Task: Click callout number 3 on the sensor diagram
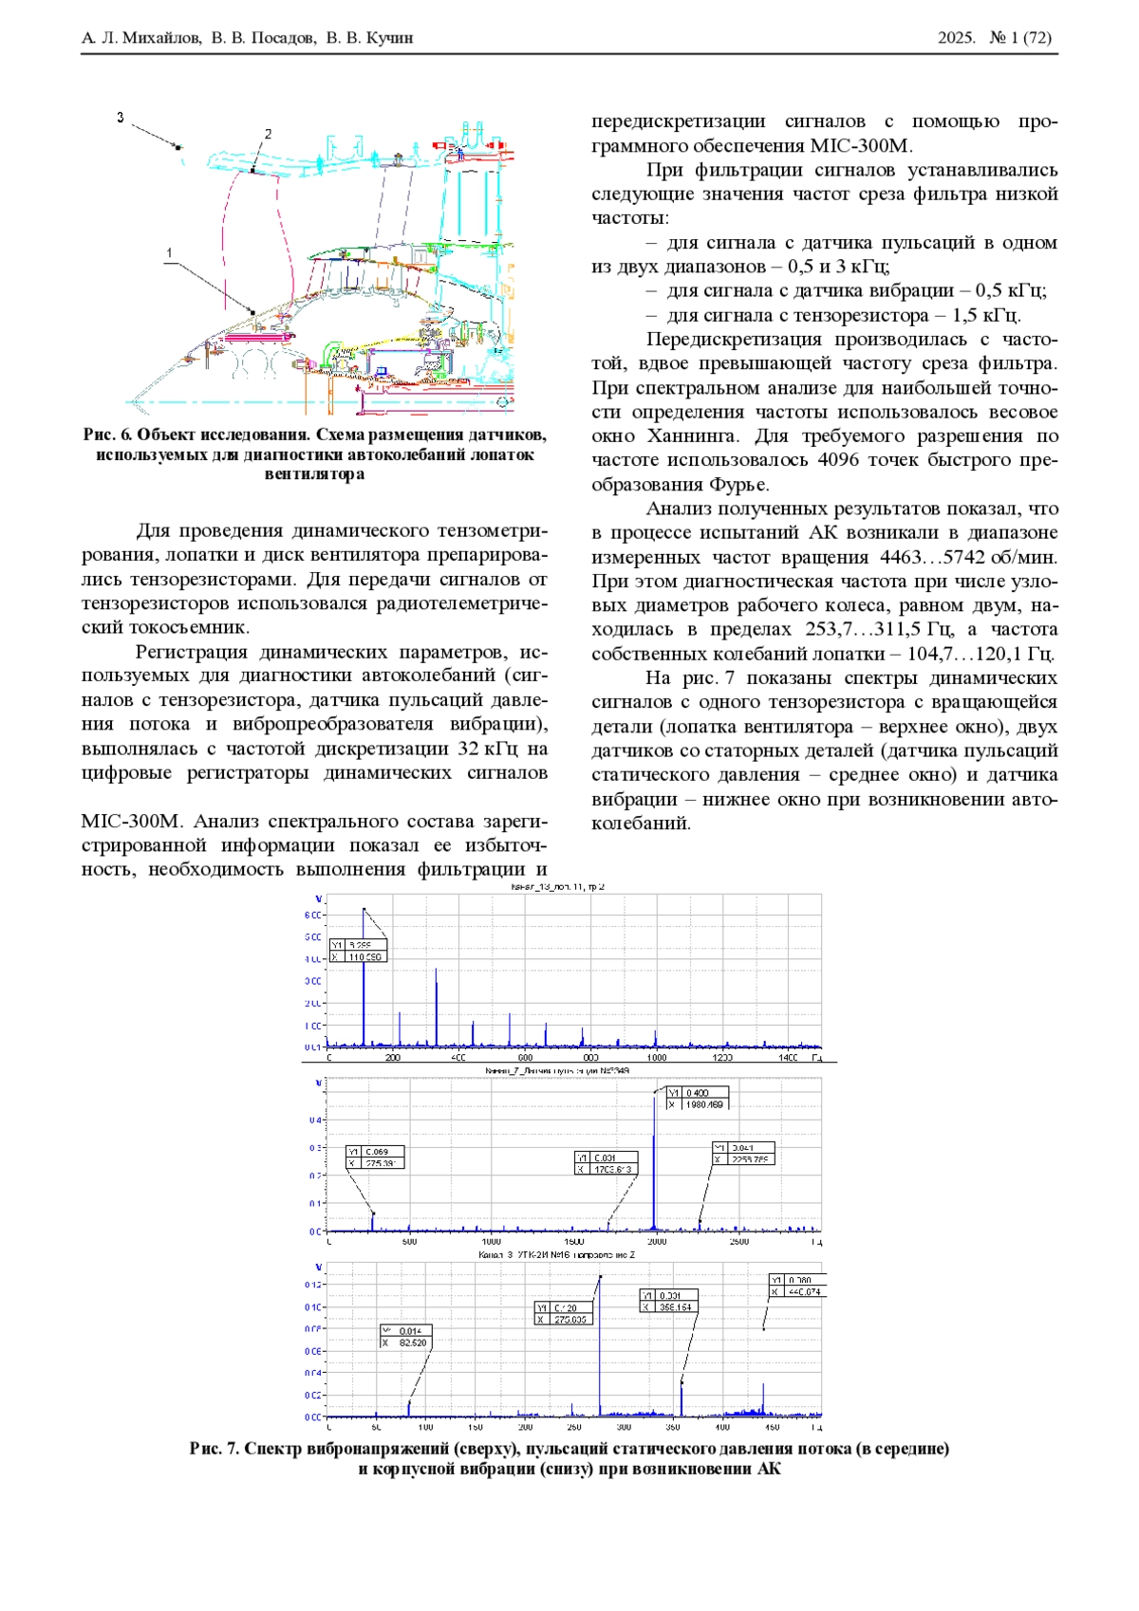click(x=121, y=118)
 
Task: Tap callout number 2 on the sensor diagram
click(x=268, y=135)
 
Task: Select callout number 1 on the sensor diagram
click(x=169, y=252)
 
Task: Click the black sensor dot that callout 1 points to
click(x=253, y=311)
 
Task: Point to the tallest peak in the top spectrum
click(x=364, y=910)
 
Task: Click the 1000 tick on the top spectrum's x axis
click(x=656, y=1057)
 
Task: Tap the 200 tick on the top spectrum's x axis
click(x=393, y=1057)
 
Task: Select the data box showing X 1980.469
click(x=697, y=1099)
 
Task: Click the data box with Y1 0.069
click(x=375, y=1157)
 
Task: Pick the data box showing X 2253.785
click(x=743, y=1154)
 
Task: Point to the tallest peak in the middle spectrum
click(x=654, y=1094)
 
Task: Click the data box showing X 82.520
click(x=405, y=1337)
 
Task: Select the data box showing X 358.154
click(x=669, y=1301)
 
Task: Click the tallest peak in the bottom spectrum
click(x=600, y=1278)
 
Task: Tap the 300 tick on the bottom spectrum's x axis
click(x=624, y=1427)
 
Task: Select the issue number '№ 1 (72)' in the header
click(x=1020, y=38)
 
